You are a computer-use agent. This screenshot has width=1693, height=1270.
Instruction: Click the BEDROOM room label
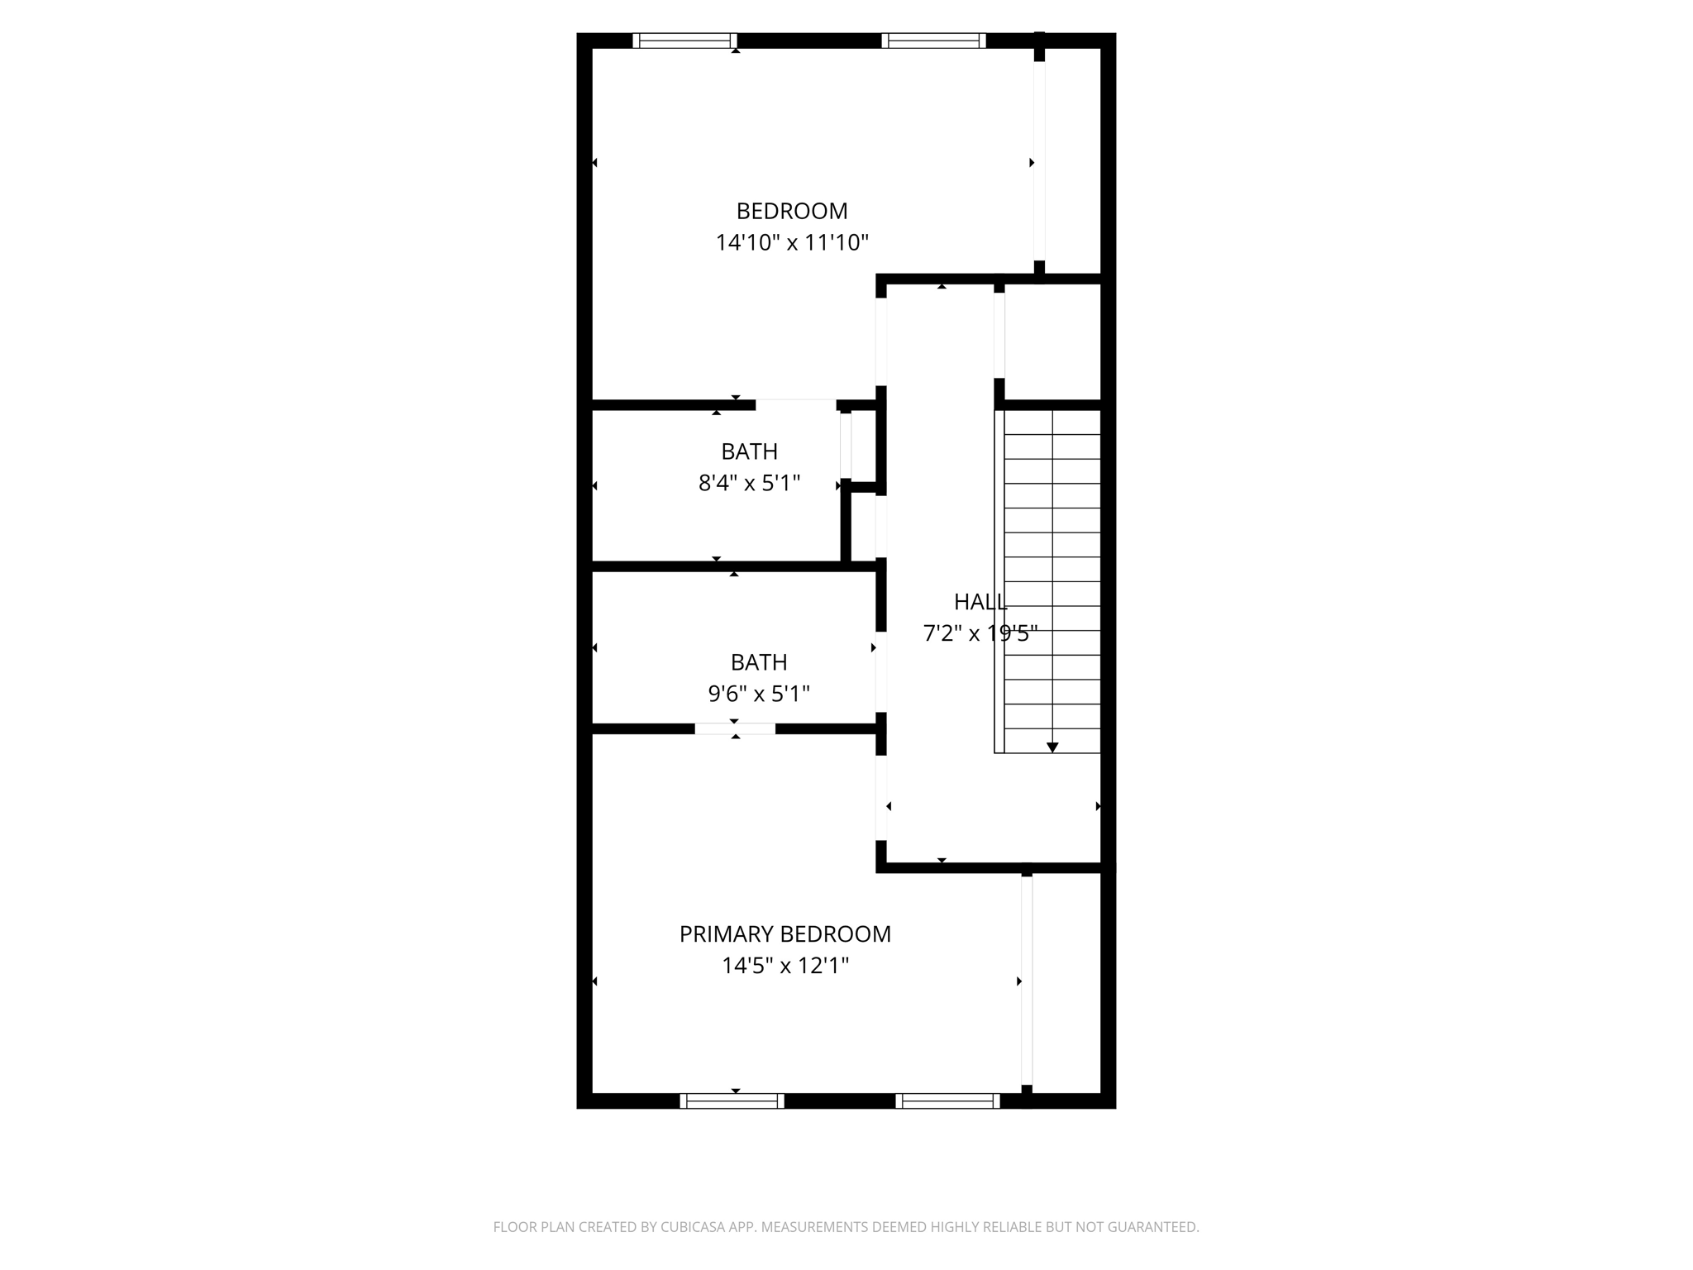792,212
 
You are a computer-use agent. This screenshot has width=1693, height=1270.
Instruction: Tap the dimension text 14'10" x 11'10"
792,243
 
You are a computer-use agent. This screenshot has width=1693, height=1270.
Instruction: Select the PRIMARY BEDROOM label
785,934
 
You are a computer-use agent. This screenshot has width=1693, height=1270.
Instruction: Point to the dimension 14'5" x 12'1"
785,966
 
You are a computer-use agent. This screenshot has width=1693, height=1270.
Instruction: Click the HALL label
980,602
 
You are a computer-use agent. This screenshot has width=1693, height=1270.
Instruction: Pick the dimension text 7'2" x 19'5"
980,633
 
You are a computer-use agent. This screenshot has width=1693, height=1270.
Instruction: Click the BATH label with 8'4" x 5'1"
749,451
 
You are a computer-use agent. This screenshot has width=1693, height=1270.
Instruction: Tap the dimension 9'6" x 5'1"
759,694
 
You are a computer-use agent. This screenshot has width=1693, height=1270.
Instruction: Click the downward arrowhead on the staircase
1052,747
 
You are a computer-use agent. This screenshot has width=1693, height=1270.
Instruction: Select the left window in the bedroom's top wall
684,41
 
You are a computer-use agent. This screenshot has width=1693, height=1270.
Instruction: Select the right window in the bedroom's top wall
934,41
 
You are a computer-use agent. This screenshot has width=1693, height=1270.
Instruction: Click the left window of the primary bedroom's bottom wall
732,1101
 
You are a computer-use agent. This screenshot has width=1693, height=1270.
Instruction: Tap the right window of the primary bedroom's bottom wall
947,1101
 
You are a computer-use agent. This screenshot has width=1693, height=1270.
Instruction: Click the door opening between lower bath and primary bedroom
735,728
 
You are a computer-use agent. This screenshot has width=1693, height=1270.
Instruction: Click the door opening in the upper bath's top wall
795,404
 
